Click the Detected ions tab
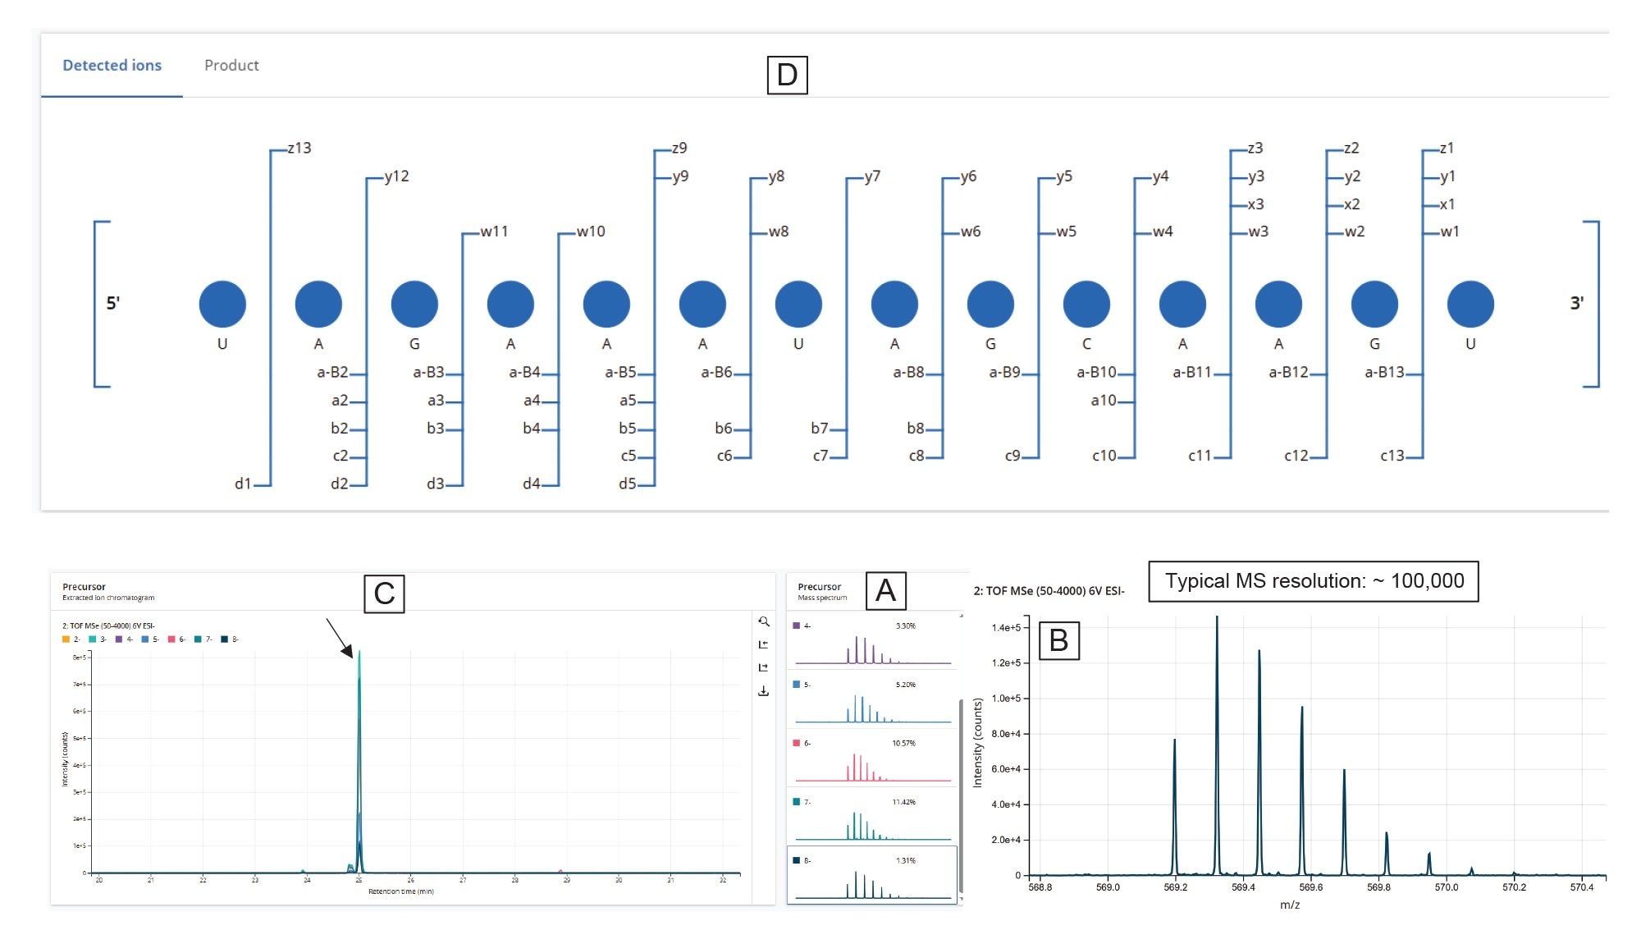point(112,66)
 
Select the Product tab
point(231,66)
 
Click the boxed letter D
point(787,75)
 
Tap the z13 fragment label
point(299,149)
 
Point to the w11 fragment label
point(494,232)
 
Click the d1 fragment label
point(243,483)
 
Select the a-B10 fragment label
point(1096,373)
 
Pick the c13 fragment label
point(1392,456)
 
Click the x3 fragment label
point(1255,204)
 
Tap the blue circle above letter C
point(1086,304)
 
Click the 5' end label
point(113,303)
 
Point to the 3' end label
point(1576,303)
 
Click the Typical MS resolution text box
point(1313,581)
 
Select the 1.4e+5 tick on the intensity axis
point(1006,628)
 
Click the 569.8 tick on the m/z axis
point(1378,887)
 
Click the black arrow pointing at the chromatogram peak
point(340,638)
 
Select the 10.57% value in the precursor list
point(903,744)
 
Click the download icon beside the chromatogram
point(763,691)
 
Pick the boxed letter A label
point(885,591)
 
